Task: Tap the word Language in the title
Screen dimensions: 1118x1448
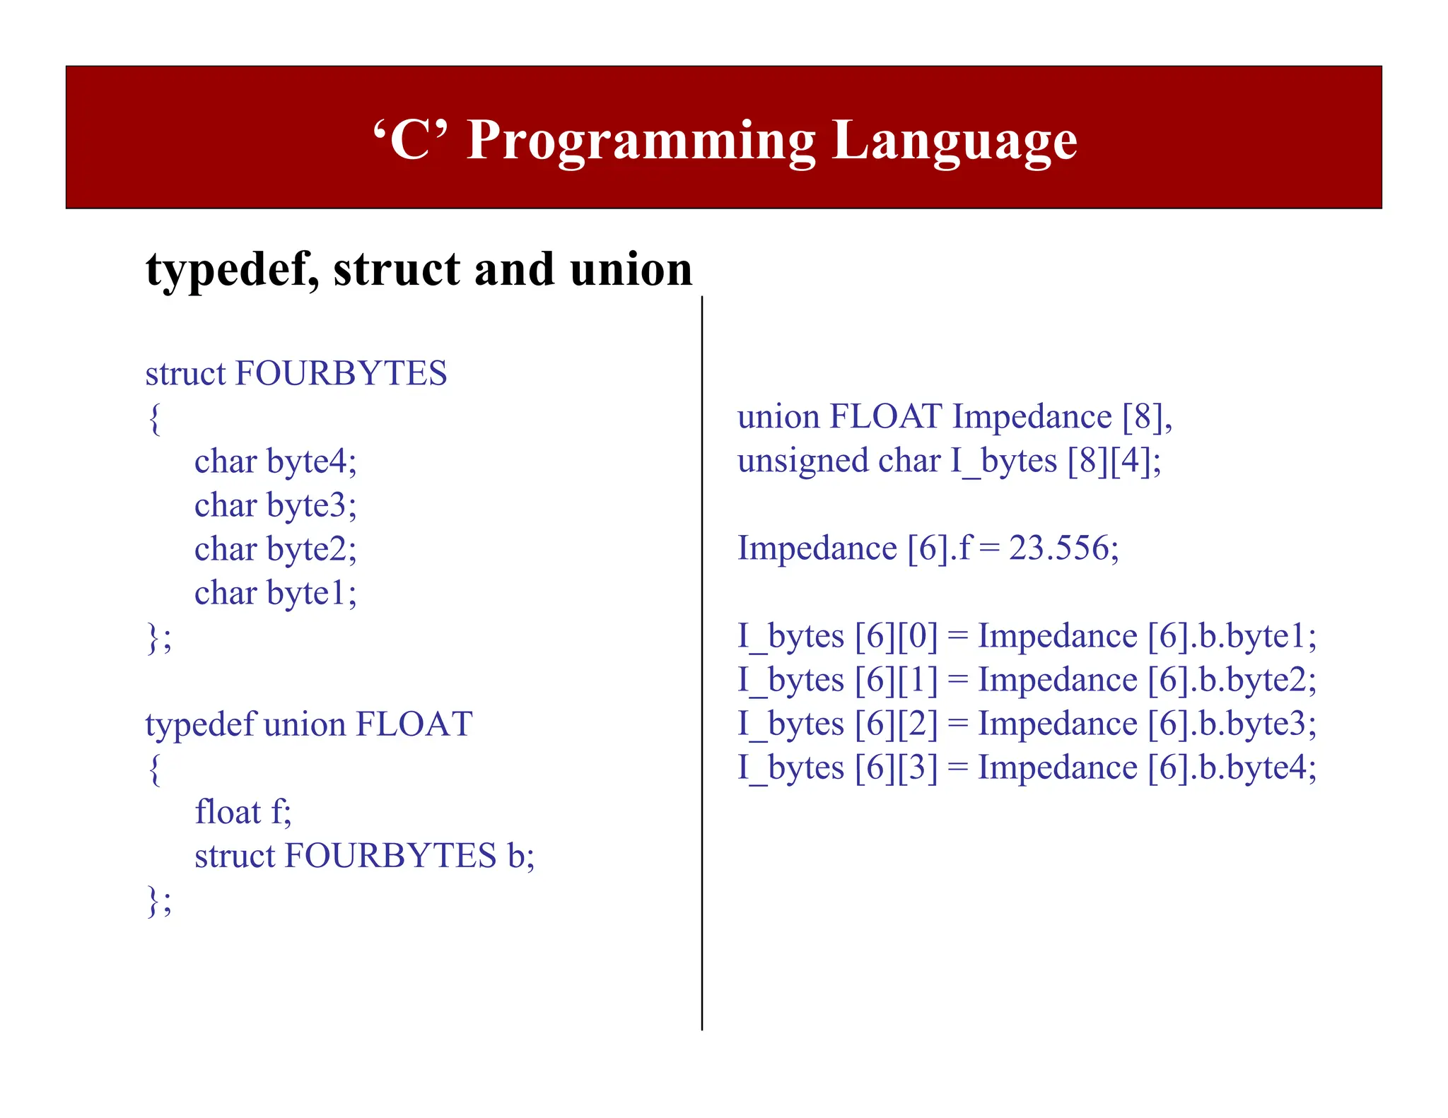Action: point(954,141)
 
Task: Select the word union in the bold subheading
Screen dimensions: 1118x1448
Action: point(631,270)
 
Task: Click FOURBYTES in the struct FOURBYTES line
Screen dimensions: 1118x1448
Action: point(341,373)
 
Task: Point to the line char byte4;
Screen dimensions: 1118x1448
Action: point(275,461)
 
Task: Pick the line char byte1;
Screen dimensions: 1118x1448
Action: point(275,593)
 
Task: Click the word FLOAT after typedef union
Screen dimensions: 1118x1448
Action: point(414,724)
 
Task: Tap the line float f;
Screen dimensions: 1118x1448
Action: point(243,812)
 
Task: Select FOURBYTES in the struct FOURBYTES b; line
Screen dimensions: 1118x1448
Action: point(390,856)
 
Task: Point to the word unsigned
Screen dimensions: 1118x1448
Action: point(802,461)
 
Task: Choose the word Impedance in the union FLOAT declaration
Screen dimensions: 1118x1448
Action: point(1032,417)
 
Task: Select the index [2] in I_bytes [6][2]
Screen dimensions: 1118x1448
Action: point(917,724)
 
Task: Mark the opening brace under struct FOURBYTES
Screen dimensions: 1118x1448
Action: point(155,418)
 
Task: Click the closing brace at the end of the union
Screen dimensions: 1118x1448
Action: point(153,901)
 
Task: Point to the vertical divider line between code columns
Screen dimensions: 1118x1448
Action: point(702,664)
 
